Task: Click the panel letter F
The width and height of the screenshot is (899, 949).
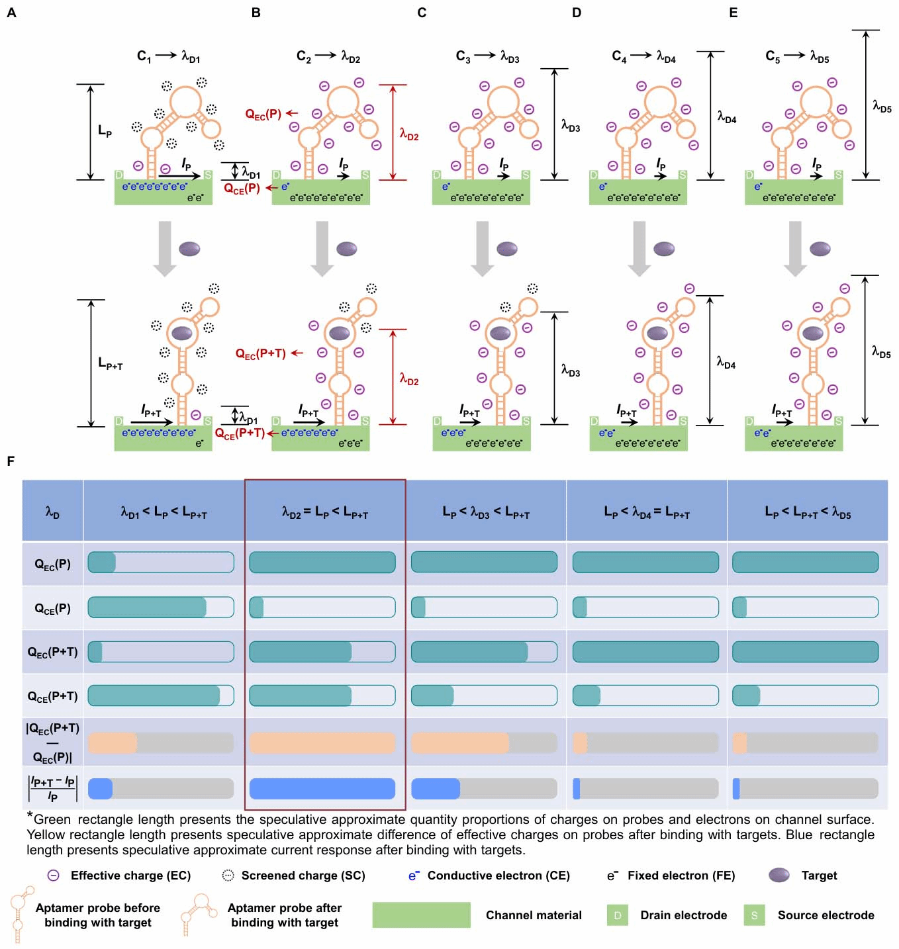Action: pos(11,461)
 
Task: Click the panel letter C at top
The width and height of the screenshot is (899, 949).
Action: pos(422,13)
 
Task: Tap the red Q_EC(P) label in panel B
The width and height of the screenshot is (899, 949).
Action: pos(263,114)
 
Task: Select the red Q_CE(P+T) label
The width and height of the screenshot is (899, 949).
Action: pos(240,433)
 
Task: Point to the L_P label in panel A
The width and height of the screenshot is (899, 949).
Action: pos(105,131)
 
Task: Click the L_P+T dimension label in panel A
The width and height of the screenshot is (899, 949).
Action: pos(110,363)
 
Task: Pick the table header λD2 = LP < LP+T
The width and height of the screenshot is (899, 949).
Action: pos(324,512)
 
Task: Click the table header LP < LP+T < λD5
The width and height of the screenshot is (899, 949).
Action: pos(807,512)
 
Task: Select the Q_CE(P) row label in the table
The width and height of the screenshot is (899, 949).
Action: pos(53,608)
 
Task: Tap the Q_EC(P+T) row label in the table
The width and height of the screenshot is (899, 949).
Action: pos(53,652)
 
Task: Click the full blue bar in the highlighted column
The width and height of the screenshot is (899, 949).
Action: pos(322,788)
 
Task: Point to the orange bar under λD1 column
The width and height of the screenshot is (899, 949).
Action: pos(113,743)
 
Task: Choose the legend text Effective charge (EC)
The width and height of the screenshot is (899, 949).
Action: pos(130,876)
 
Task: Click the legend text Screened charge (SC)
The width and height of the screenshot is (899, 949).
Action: pos(303,876)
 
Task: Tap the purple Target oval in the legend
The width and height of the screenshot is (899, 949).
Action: pos(779,875)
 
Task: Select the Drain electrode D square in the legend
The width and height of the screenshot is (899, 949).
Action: pos(617,915)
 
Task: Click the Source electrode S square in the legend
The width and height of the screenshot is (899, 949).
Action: pos(754,915)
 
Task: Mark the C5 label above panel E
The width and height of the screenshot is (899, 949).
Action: pos(773,56)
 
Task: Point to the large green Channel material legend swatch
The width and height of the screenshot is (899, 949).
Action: pos(421,915)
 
